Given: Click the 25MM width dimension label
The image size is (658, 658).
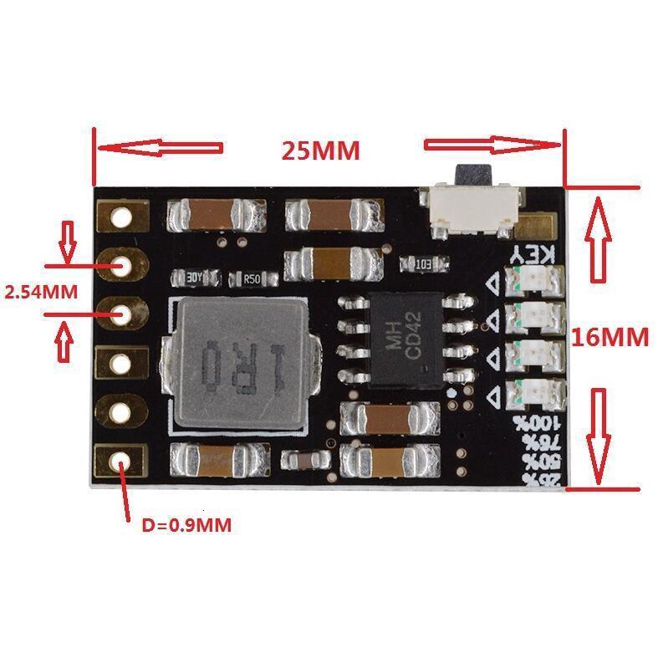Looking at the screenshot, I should point(320,150).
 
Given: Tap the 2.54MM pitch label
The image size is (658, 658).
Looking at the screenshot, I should point(42,293).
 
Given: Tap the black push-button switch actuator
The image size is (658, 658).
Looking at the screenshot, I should point(471,178).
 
